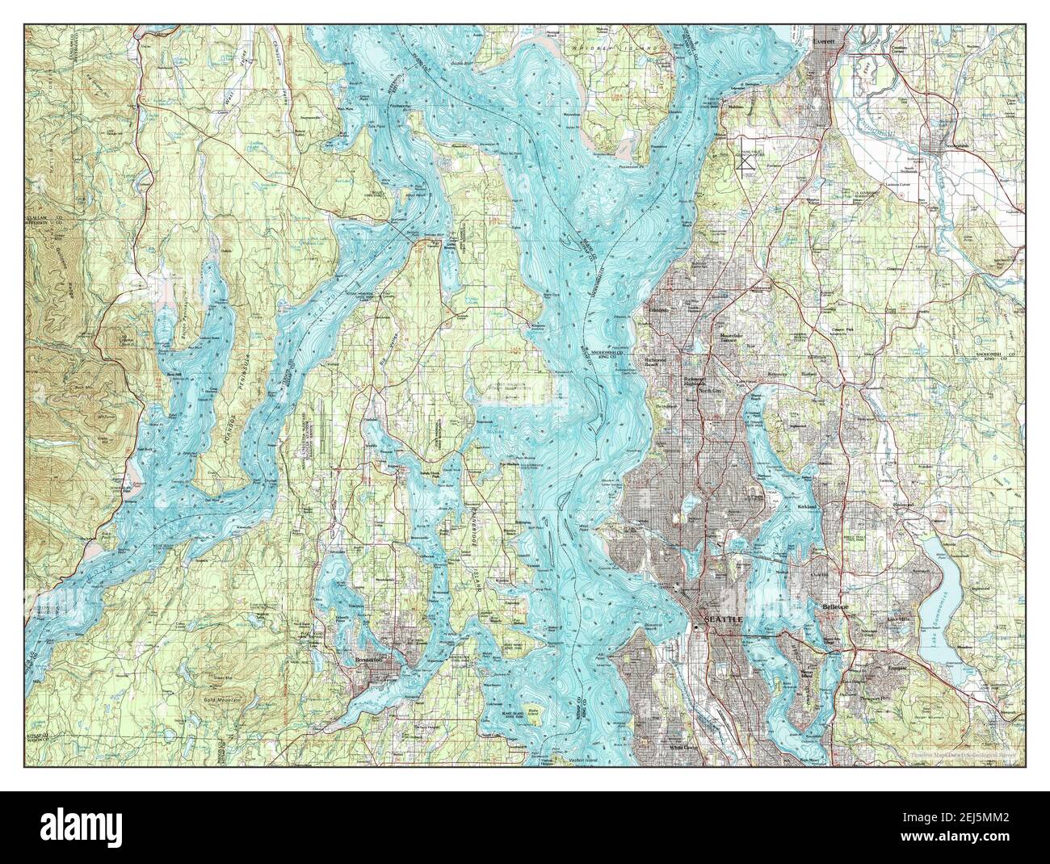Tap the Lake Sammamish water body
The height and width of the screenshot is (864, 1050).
coord(938,598)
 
